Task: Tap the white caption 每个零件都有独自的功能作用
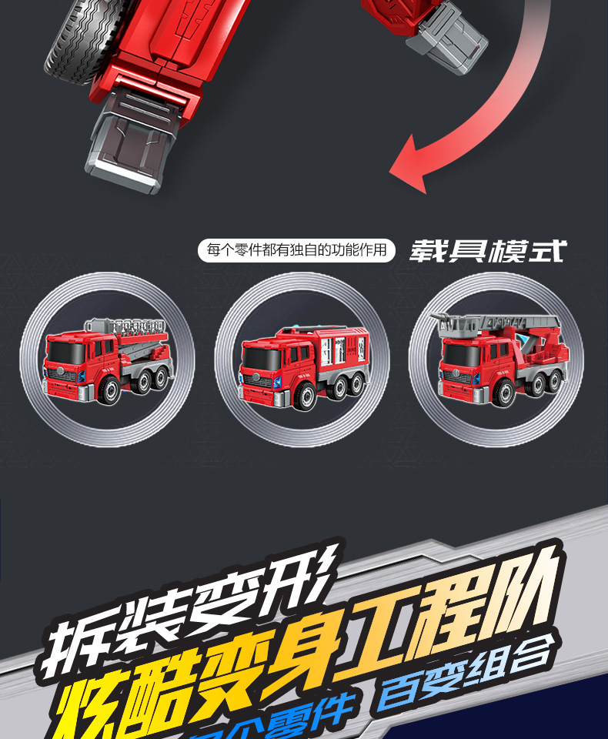tap(296, 250)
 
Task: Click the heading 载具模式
tap(487, 251)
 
